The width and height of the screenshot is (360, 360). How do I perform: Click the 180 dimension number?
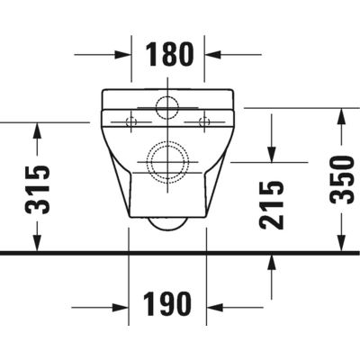tap(168, 55)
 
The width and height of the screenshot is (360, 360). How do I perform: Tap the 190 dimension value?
tap(168, 305)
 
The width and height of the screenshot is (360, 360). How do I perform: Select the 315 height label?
tap(38, 190)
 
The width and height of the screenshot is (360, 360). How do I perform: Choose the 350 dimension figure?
tap(341, 180)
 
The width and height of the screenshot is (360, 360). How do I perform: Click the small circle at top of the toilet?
tap(167, 106)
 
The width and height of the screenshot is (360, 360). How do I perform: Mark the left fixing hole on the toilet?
tap(130, 120)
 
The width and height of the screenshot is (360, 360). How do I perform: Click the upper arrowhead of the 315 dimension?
tap(37, 129)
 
